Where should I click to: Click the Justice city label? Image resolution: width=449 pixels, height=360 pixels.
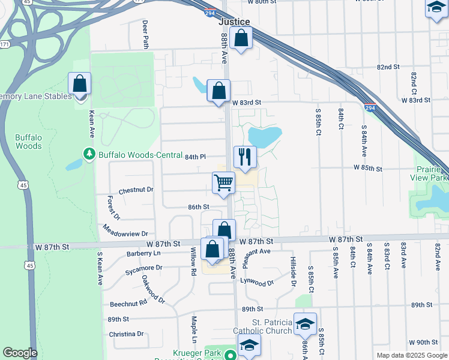pyautogui.click(x=234, y=22)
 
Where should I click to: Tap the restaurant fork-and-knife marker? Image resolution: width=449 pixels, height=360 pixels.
pyautogui.click(x=244, y=157)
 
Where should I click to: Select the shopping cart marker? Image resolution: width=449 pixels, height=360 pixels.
pyautogui.click(x=223, y=182)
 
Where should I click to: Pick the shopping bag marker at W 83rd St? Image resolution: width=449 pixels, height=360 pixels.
pyautogui.click(x=218, y=91)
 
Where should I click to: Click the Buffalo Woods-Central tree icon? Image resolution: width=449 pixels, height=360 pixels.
pyautogui.click(x=90, y=154)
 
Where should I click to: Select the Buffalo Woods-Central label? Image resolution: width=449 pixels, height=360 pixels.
pyautogui.click(x=140, y=155)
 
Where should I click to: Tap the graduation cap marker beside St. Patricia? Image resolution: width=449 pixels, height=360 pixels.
pyautogui.click(x=305, y=325)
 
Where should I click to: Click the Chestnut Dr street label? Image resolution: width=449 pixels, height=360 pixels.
pyautogui.click(x=136, y=190)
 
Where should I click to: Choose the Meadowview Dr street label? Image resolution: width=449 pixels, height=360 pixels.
pyautogui.click(x=125, y=233)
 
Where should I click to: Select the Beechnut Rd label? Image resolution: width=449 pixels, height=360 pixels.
pyautogui.click(x=128, y=304)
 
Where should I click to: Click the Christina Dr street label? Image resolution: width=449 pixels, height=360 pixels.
pyautogui.click(x=127, y=334)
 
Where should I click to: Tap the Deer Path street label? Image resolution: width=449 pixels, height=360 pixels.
pyautogui.click(x=145, y=34)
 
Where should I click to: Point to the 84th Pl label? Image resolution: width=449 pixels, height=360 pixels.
pyautogui.click(x=195, y=157)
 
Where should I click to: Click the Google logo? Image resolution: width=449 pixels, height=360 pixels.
pyautogui.click(x=20, y=353)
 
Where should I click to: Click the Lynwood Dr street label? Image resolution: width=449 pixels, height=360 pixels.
pyautogui.click(x=257, y=281)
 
